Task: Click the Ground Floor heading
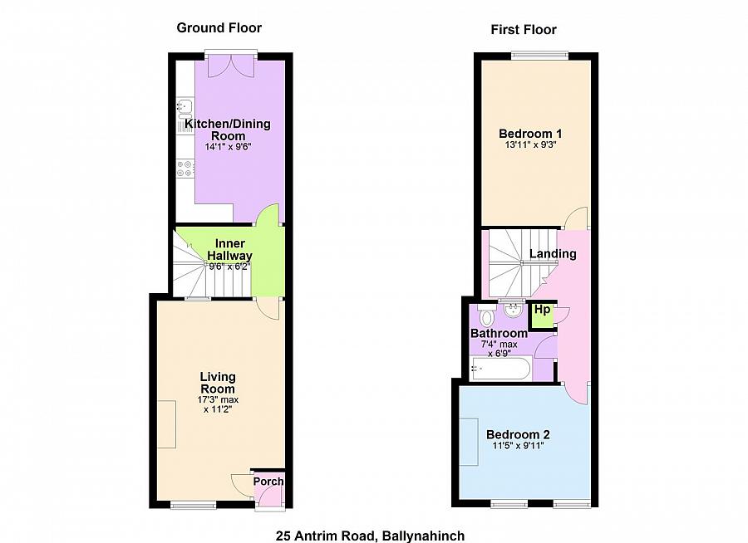coord(219,27)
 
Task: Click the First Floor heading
coord(524,30)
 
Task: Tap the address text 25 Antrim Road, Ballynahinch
coord(370,536)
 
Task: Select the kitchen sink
coord(185,109)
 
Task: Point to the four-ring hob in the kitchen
coord(185,169)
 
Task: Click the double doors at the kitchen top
coord(231,66)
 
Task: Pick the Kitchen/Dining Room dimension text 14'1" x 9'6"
coord(228,147)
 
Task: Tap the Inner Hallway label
coord(230,249)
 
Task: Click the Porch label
coord(268,482)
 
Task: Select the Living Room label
coord(218,382)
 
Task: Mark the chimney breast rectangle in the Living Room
coord(166,424)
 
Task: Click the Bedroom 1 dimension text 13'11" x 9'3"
coord(531,144)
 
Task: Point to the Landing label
coord(553,253)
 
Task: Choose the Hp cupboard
coord(542,316)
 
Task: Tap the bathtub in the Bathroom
coord(500,369)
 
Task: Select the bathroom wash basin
coord(512,311)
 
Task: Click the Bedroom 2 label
coord(518,435)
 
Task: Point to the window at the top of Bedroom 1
coord(539,56)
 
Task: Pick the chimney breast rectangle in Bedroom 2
coord(469,442)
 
